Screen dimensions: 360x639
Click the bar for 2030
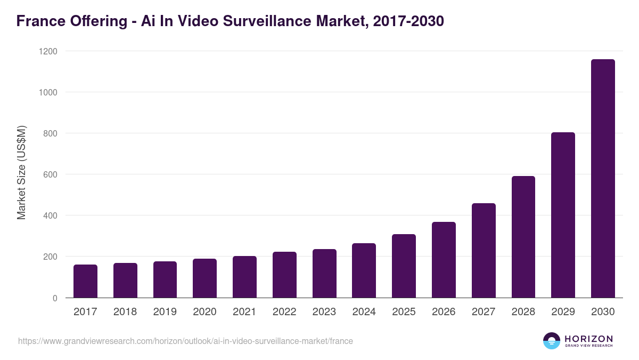[603, 179]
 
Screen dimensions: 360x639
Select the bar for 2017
[85, 281]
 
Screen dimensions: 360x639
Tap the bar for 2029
[563, 215]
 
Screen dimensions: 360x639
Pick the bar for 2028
[523, 237]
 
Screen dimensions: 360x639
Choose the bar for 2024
[364, 270]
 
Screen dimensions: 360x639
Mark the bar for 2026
[444, 260]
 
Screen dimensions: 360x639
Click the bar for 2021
[244, 277]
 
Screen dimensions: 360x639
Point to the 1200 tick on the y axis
[47, 51]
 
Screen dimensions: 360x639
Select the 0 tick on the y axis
[55, 298]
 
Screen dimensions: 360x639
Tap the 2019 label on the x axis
[165, 312]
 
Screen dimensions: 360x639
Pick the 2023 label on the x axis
[324, 312]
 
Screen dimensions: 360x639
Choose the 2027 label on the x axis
[483, 312]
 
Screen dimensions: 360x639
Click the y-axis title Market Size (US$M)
[21, 173]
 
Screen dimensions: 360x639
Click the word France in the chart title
[40, 21]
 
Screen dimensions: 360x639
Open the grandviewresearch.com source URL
[185, 341]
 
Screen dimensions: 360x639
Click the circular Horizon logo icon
[551, 341]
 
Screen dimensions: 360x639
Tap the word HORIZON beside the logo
[588, 339]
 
